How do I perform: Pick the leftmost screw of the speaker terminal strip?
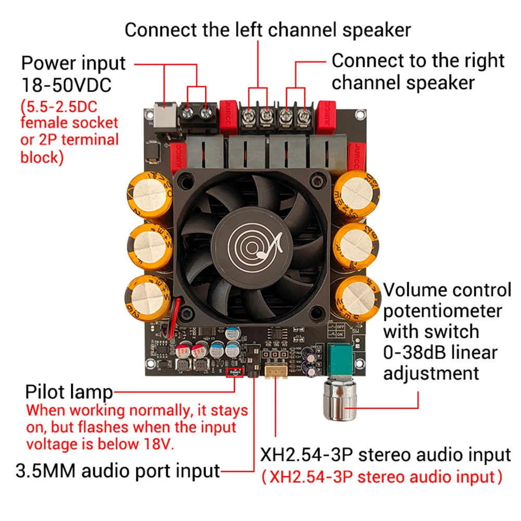[250, 114]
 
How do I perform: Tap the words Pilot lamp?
[69, 392]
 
